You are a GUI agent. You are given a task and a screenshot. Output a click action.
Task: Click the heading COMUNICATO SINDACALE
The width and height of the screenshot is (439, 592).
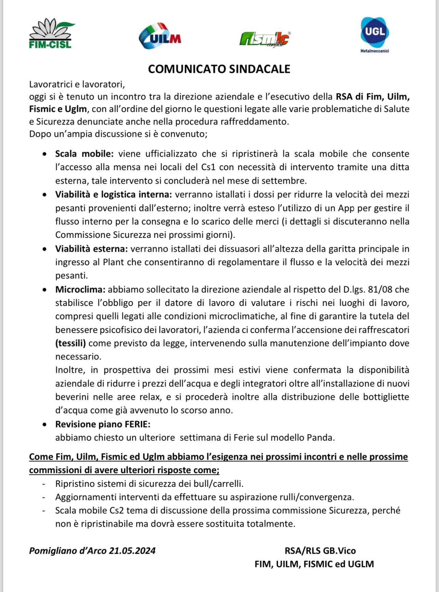[x=219, y=69]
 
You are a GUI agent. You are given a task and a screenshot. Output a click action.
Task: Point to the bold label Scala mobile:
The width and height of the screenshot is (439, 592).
[x=84, y=154]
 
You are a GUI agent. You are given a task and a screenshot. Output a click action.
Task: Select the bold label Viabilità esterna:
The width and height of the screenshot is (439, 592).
[x=91, y=249]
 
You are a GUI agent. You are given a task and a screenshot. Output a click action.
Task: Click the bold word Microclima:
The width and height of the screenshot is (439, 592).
[x=80, y=289]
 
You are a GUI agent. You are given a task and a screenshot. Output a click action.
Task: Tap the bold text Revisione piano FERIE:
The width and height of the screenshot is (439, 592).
[x=103, y=424]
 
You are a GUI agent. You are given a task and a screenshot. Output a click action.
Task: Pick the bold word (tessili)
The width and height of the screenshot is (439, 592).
[x=70, y=343]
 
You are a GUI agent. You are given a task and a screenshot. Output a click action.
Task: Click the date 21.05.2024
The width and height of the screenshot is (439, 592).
[x=132, y=551]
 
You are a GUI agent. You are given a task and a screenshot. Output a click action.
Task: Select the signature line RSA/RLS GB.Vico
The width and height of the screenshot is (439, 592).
[x=320, y=551]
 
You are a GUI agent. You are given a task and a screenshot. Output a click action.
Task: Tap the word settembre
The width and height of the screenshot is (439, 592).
[x=287, y=181]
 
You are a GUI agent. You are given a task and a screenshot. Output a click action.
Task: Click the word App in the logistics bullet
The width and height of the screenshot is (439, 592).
[x=346, y=208]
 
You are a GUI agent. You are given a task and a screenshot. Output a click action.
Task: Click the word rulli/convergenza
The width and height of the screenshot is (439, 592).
[x=316, y=497]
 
